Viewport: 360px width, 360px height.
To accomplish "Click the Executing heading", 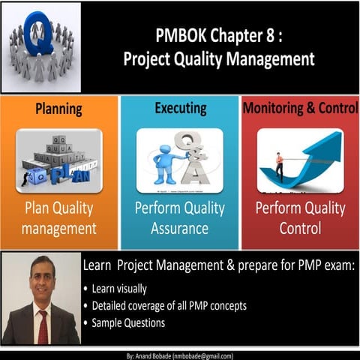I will (x=179, y=109).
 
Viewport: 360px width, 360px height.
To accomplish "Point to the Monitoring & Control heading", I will (x=300, y=109).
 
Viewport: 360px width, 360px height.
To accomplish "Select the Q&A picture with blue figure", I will (x=179, y=160).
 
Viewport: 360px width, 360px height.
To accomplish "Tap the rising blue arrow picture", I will (x=300, y=160).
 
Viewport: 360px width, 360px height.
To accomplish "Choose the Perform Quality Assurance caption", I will (x=179, y=218).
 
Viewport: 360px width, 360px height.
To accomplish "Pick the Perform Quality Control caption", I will (x=300, y=218).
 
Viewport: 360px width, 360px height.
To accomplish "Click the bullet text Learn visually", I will (x=120, y=289).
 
